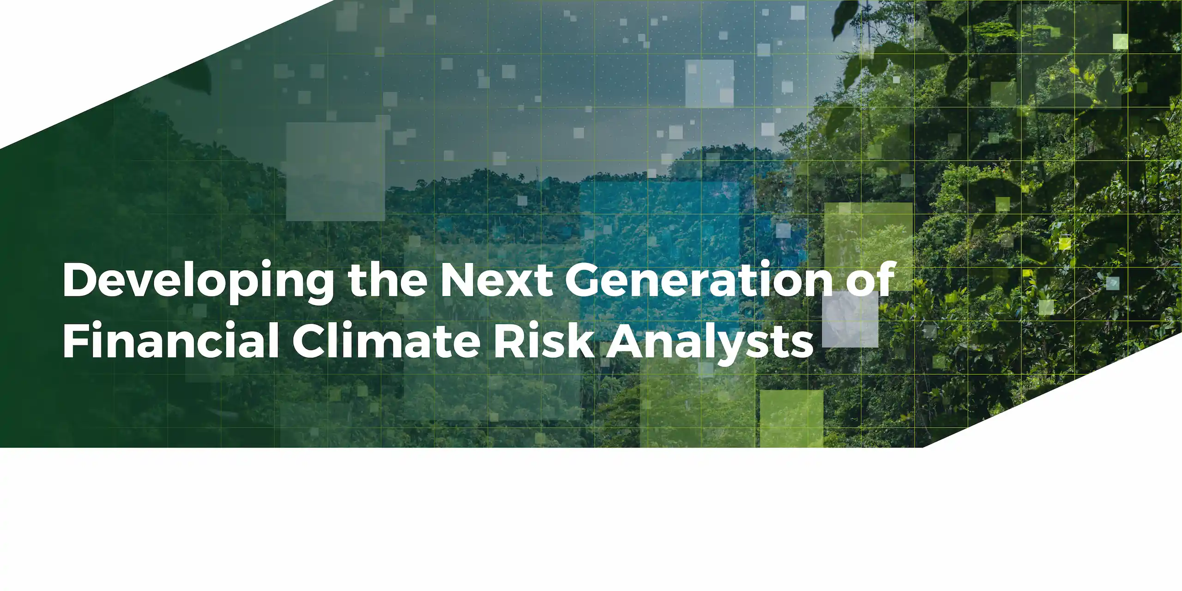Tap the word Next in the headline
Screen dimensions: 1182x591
tap(496, 280)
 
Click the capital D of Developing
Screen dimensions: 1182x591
tap(80, 280)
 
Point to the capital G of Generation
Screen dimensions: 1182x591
tap(583, 280)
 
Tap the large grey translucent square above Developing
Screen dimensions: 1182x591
tap(335, 171)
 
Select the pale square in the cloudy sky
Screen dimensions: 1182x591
tap(709, 83)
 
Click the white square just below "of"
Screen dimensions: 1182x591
tap(850, 319)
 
